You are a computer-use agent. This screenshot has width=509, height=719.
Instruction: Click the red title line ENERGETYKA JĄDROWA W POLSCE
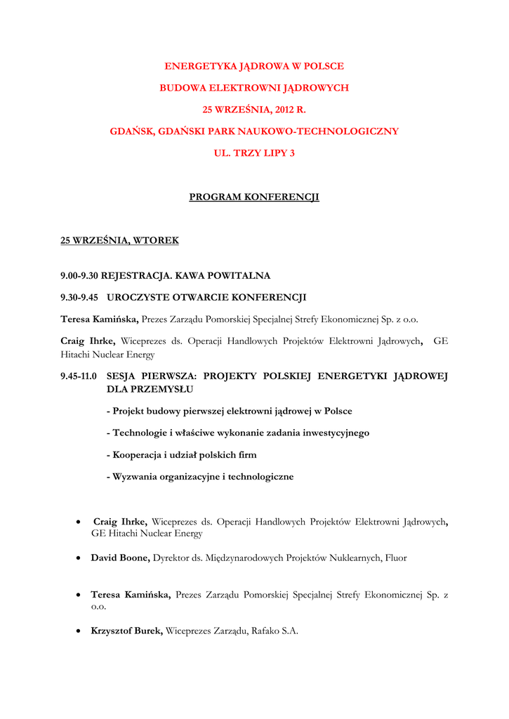254,67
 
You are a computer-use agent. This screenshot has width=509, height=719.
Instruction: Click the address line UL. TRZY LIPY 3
254,152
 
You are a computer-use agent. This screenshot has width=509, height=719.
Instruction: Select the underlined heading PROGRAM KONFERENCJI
254,197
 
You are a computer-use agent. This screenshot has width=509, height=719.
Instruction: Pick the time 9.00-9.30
80,276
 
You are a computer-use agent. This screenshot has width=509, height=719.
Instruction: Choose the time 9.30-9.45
79,298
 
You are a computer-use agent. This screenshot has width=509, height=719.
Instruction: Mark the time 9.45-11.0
79,376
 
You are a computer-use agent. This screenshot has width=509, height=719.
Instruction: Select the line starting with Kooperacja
181,455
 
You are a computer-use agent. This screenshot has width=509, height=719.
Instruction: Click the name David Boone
119,558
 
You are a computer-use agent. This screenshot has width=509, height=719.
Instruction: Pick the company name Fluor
395,558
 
